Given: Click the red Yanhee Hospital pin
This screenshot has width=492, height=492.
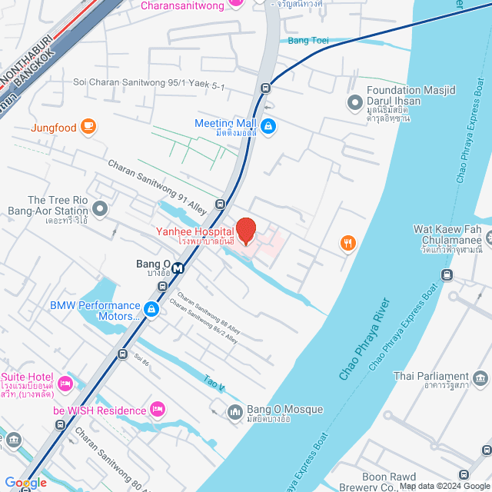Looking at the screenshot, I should coord(245,231).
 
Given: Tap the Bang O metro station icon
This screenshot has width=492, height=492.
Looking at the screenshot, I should coord(178,268).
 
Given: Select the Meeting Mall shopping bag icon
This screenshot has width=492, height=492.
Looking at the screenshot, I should coord(268,128).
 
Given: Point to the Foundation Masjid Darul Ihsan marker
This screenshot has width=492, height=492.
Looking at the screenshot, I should coord(354,101).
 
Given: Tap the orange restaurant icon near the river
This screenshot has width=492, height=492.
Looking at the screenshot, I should coord(348,244).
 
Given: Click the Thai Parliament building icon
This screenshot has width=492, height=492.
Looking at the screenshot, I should coord(480,377).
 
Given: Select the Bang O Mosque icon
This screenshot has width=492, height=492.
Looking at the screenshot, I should coord(234,413).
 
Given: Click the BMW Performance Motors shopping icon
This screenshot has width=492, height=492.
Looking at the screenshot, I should coord(151,310).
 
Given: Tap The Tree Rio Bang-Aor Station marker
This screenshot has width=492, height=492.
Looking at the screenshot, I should coord(101,207).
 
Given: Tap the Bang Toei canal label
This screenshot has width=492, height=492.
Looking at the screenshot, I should coord(307,41).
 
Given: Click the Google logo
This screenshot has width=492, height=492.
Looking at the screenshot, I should coord(25,483).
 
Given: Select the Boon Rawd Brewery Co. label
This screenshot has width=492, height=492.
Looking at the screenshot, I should coord(388,482).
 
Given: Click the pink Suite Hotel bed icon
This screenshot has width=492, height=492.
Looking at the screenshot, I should coord(65,383).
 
